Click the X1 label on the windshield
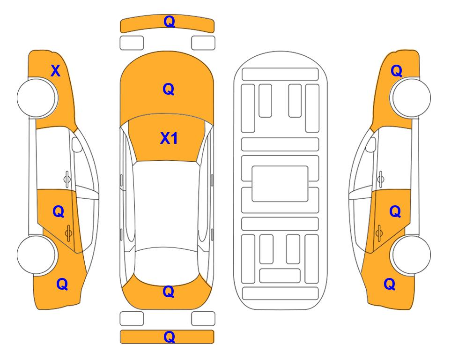169,138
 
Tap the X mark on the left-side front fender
56,71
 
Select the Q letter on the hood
169,89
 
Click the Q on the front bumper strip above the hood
169,22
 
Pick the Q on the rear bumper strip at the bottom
169,337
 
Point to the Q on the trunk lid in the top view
169,292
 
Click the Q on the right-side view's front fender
396,71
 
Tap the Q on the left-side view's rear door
59,212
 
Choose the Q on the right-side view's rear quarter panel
390,284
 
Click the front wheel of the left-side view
37,97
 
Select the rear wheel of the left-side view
37,255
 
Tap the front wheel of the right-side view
411,97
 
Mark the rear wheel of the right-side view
411,255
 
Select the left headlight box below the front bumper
132,43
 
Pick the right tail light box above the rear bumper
203,319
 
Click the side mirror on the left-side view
76,144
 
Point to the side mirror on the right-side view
371,144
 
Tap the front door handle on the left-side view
67,179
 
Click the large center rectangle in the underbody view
280,184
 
